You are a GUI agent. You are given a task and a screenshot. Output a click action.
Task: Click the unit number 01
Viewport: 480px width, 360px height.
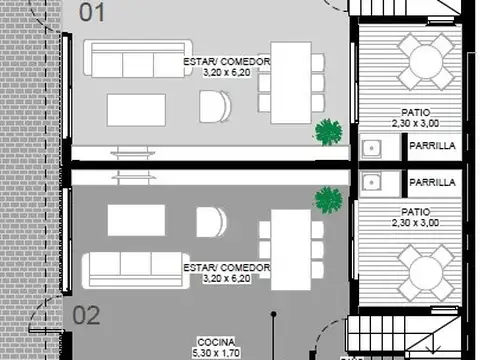(91, 13)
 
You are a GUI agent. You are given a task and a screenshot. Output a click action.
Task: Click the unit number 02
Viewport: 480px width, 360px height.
(87, 316)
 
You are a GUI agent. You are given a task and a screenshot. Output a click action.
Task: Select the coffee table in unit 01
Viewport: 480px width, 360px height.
(136, 108)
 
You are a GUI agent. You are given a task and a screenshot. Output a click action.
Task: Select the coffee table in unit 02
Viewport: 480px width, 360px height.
(136, 220)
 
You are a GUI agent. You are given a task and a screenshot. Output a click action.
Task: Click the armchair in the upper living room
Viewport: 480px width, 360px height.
(213, 105)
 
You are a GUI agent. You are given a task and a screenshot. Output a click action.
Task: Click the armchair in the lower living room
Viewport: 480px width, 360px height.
(211, 222)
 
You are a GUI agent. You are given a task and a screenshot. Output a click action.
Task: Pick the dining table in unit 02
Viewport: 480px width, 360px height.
(290, 247)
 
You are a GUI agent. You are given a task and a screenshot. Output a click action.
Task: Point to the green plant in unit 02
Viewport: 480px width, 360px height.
(328, 199)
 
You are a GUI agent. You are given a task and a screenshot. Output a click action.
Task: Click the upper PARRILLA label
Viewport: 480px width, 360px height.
(433, 146)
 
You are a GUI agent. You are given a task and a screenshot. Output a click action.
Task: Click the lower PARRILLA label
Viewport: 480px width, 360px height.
(433, 183)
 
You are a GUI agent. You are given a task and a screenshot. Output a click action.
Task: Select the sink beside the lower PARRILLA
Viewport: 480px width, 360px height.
(372, 182)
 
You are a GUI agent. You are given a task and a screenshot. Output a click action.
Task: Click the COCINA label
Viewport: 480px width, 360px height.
(216, 341)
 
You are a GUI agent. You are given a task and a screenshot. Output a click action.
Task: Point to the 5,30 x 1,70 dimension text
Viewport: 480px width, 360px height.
(216, 352)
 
